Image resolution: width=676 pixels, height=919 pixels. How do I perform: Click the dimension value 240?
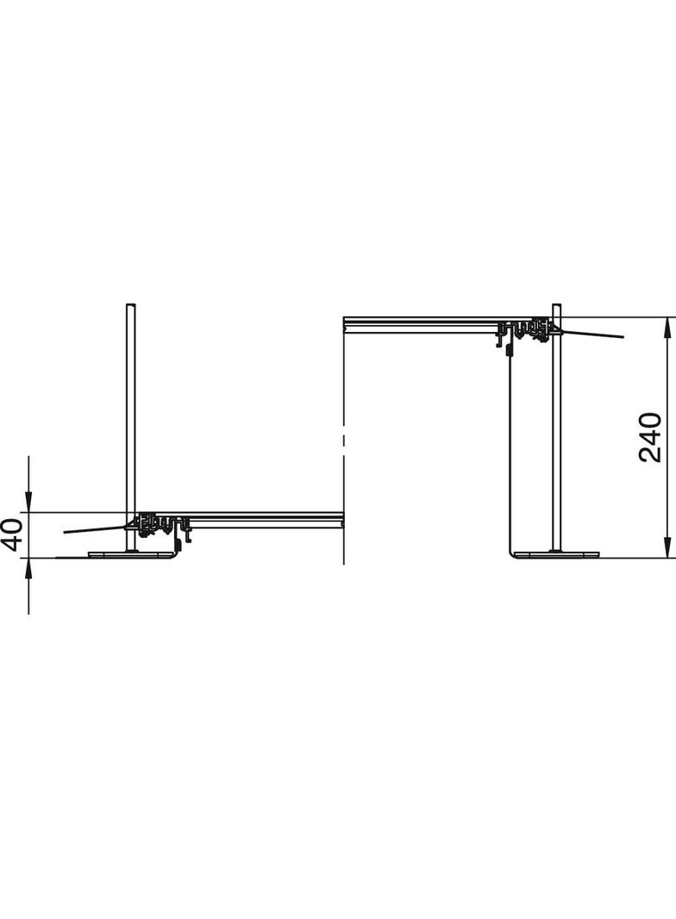(x=650, y=437)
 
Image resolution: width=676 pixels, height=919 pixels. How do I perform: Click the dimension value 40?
(x=11, y=535)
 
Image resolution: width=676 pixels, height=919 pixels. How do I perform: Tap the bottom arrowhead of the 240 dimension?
(x=667, y=550)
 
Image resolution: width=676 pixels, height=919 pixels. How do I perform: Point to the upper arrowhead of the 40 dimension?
(x=28, y=504)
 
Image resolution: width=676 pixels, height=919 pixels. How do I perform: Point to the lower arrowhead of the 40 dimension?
(x=28, y=566)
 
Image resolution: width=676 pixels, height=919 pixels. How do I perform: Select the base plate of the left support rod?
(x=129, y=555)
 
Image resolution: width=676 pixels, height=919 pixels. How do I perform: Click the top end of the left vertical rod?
(x=130, y=307)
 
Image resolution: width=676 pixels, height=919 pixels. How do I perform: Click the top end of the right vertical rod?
(x=556, y=307)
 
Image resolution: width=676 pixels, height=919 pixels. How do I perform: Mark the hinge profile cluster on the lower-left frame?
(x=160, y=522)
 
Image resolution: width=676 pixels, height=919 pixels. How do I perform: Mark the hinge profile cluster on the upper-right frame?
(x=528, y=328)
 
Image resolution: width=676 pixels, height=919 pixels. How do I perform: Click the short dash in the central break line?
(x=343, y=441)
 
